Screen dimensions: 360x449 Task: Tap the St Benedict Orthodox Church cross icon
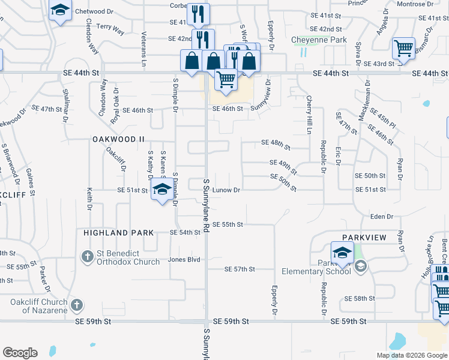[87, 257]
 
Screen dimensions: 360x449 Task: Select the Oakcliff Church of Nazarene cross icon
[76, 305]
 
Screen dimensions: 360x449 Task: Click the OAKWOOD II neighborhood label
[119, 139]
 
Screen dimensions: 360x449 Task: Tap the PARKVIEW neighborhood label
[364, 238]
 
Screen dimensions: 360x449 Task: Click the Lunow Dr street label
[226, 190]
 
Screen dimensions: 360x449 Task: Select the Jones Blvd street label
[184, 260]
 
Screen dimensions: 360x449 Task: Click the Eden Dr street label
[382, 217]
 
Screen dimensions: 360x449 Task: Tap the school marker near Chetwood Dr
[60, 11]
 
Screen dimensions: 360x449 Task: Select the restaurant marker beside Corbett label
[197, 13]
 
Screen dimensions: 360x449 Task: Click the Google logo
[20, 353]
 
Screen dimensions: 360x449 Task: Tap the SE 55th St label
[228, 224]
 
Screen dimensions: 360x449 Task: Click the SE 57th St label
[240, 269]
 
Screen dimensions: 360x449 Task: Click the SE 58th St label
[360, 298]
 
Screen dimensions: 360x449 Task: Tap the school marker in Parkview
[342, 253]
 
